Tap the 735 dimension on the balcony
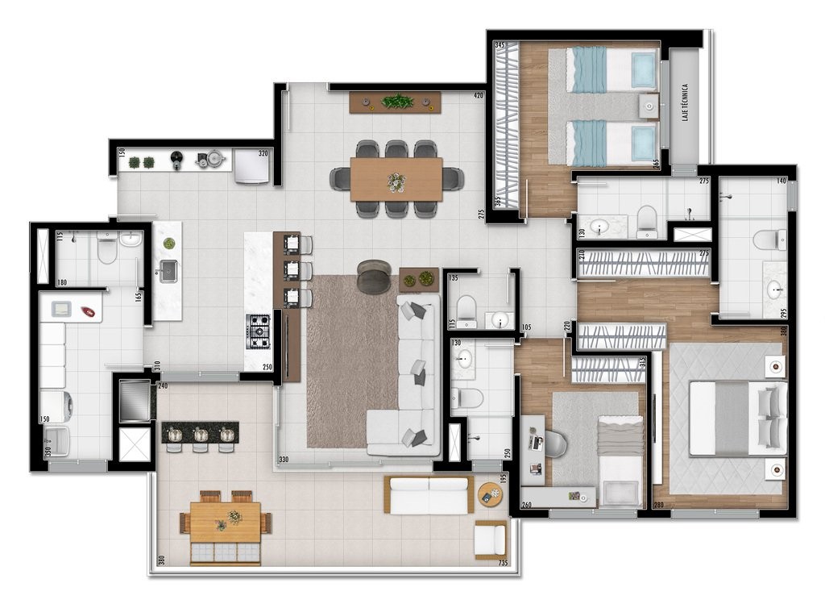tap(503, 563)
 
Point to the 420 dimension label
tap(478, 95)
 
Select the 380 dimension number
tap(161, 560)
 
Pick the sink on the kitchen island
tap(168, 271)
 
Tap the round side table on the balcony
tap(489, 494)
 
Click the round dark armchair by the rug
tap(373, 276)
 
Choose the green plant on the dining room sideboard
tap(396, 102)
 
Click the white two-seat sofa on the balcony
tap(428, 494)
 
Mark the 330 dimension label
tap(284, 460)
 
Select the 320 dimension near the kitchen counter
tap(263, 152)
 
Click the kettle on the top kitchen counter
tap(214, 160)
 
